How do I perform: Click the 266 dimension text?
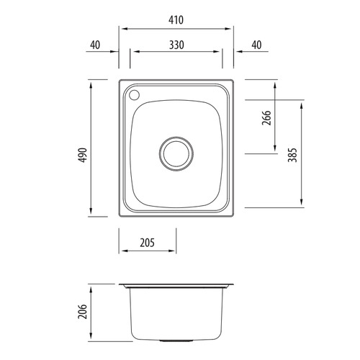pyautogui.click(x=266, y=120)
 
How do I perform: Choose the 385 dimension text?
pyautogui.click(x=292, y=156)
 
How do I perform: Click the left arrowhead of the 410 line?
pyautogui.click(x=122, y=29)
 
